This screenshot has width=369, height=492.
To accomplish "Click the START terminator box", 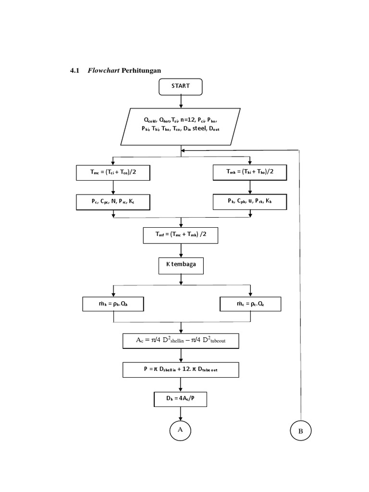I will coord(181,86).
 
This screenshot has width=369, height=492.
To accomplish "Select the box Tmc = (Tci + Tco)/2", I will coord(113,173).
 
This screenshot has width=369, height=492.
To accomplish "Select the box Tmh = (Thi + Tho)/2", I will coord(250,172).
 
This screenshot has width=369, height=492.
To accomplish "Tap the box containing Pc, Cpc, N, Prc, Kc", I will coord(113,202).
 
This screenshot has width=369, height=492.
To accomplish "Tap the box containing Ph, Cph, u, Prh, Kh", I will coord(250,202).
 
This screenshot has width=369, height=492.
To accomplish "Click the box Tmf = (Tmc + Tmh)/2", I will coord(181,235).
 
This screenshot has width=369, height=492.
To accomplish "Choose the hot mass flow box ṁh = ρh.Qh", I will coord(113,304).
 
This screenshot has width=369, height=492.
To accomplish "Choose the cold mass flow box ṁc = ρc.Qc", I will coord(250,304).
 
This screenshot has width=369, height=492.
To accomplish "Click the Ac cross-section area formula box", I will coord(181,341).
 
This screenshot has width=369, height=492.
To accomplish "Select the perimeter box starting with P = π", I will coord(181,369).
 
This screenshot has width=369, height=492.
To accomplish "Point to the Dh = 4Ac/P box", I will coord(181,399).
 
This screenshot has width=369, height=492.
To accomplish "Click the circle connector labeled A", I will coord(181,430).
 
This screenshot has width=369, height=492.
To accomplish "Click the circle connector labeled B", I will coord(301,430).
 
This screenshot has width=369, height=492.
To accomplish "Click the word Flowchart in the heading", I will coord(103,71).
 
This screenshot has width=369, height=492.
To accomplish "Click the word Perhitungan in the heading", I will coord(141,71).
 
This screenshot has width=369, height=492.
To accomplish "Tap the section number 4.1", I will coord(74,71).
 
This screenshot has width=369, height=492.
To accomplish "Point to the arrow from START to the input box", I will coord(181,101).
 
